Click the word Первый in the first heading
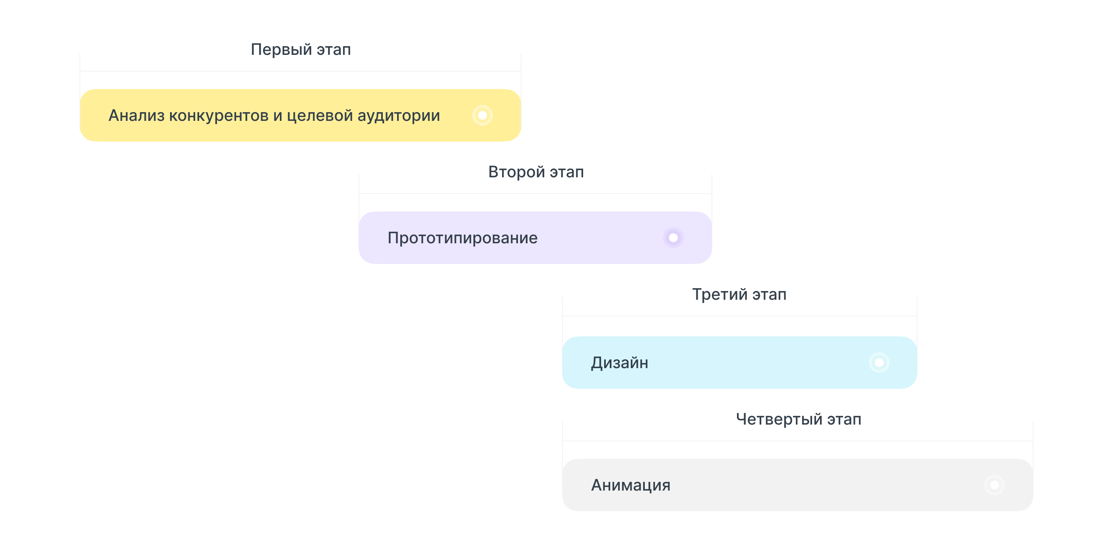[x=281, y=50]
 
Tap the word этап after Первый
[x=334, y=50]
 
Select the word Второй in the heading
[x=516, y=172]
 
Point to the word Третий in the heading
[x=719, y=294]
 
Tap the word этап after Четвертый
[x=844, y=419]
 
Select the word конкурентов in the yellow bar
[x=219, y=115]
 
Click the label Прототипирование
[x=462, y=238]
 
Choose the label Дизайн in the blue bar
[x=620, y=363]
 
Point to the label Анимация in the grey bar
[x=630, y=485]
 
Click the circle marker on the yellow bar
[x=483, y=115]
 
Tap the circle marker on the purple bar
[x=673, y=238]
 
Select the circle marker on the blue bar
[x=879, y=363]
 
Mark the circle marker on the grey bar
[x=994, y=485]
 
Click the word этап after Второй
[x=566, y=172]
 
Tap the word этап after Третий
[x=769, y=294]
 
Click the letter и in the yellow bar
[x=277, y=116]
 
